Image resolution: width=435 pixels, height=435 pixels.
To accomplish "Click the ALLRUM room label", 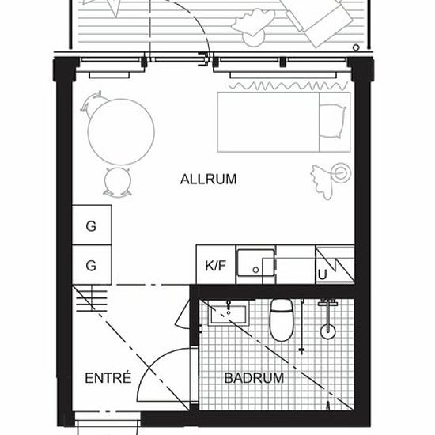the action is pos(208,180).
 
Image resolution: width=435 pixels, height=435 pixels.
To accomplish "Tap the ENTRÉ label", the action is pos(108,378).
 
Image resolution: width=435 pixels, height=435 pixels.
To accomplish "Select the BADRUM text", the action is pos(254,378).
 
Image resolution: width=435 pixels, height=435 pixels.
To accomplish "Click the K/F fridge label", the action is pos(216,266).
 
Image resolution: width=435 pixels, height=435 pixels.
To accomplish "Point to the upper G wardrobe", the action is pos(92,225).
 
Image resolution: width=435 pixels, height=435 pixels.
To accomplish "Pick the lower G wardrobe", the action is pos(92,265).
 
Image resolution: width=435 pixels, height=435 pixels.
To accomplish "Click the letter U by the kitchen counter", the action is pos(323,275).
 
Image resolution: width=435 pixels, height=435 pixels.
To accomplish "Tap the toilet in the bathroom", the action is pos(282,320).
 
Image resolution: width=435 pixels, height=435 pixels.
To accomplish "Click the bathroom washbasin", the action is pos(229,313).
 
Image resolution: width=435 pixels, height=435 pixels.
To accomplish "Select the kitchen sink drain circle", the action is pos(255,270).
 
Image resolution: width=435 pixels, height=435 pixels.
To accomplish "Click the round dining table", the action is pos(121,132).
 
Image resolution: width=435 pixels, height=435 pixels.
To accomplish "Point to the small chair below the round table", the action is pos(118,182).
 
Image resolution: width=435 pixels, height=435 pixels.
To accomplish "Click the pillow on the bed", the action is pos(333,121).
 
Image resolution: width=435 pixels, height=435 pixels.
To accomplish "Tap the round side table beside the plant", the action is pos(340,173).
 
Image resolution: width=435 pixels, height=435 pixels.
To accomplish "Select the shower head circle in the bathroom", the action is pos(328,331).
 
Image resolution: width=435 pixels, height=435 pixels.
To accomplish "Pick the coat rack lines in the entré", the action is pos(92,301).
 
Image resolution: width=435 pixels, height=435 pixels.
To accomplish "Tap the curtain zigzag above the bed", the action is pos(289,86).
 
